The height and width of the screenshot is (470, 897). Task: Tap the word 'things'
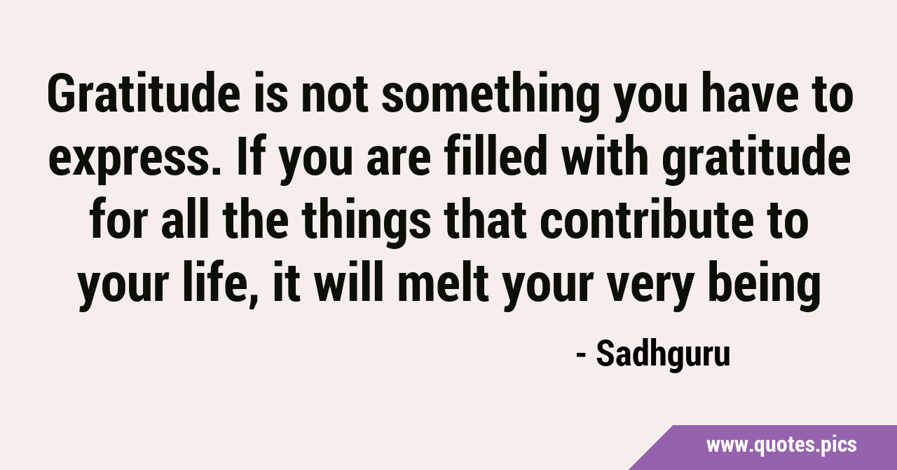(x=366, y=223)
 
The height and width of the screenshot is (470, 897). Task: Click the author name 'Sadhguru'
(x=663, y=354)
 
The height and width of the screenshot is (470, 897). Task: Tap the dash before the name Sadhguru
(x=582, y=355)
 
